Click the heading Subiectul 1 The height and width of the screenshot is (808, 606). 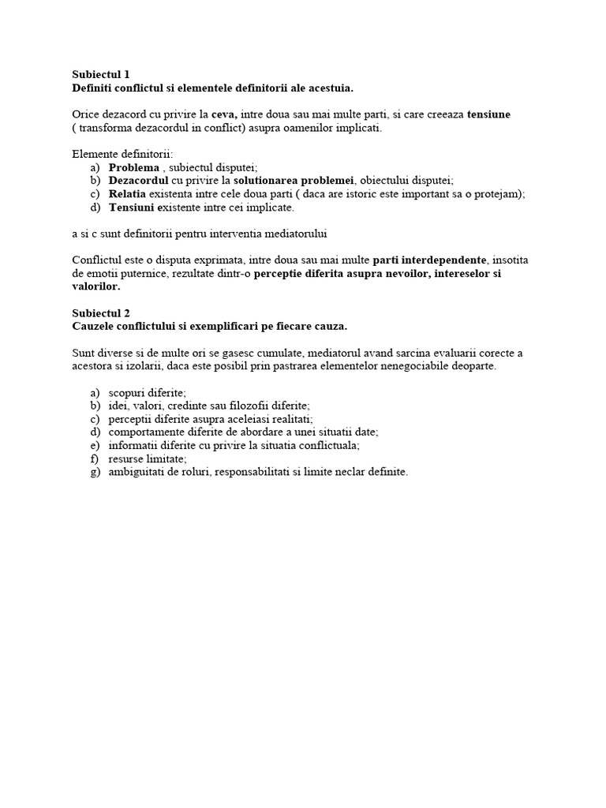click(x=101, y=74)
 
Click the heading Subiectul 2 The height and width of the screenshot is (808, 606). click(x=101, y=312)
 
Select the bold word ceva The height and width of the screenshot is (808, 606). click(x=224, y=114)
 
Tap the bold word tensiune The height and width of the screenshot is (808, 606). click(x=488, y=114)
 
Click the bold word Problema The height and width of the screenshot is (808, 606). click(x=133, y=167)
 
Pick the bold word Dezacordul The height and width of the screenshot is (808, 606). click(x=138, y=181)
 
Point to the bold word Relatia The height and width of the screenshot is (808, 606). click(x=126, y=194)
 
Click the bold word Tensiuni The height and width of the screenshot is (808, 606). click(x=133, y=208)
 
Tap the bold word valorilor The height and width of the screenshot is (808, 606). click(x=95, y=286)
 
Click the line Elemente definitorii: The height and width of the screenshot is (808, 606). click(x=122, y=154)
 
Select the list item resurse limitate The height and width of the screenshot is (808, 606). click(x=148, y=458)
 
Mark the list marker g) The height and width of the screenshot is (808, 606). click(x=95, y=472)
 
